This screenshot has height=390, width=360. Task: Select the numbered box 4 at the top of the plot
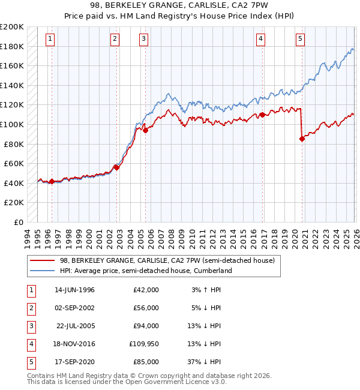(261, 39)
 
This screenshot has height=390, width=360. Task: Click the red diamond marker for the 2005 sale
(145, 130)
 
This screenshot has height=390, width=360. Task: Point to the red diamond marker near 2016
(262, 115)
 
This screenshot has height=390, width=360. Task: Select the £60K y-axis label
(14, 163)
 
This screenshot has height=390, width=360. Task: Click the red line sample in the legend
(43, 260)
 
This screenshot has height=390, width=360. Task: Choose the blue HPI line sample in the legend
(43, 271)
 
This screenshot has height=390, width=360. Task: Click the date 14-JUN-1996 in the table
(74, 290)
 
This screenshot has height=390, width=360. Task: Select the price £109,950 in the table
(142, 344)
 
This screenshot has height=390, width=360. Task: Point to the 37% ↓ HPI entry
(203, 362)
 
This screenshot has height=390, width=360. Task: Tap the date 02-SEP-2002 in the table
(74, 308)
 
